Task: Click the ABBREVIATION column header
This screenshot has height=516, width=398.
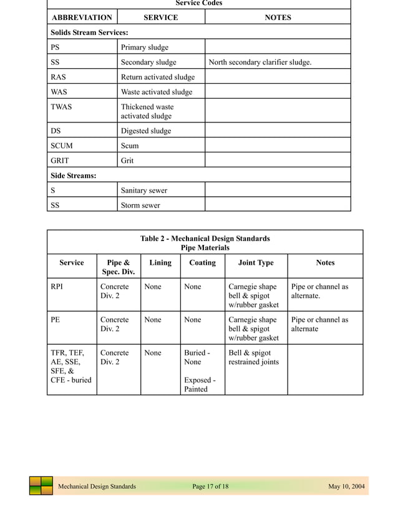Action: tap(82, 17)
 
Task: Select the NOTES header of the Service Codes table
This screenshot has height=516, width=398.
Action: tap(278, 17)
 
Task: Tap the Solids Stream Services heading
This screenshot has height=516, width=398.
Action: tap(89, 32)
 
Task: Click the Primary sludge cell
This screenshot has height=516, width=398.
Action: tap(145, 47)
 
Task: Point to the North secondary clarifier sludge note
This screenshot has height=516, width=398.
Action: tap(260, 62)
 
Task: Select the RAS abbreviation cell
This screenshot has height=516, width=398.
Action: tap(59, 77)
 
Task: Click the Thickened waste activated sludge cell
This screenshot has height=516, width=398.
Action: tap(147, 111)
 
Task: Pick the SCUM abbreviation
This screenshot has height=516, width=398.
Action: tap(62, 146)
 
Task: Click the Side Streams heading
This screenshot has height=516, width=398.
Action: tap(73, 176)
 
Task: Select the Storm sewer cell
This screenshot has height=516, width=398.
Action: tap(140, 206)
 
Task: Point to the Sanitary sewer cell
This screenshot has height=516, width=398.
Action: tap(144, 191)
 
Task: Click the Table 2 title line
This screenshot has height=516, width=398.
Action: tap(205, 239)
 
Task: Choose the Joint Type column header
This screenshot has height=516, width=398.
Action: tap(256, 262)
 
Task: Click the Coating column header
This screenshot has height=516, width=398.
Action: tap(202, 262)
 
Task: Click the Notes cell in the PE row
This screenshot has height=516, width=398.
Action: tap(319, 324)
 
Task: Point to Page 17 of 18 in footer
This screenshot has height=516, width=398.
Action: tap(211, 487)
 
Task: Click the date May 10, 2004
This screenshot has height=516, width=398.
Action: tap(347, 487)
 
